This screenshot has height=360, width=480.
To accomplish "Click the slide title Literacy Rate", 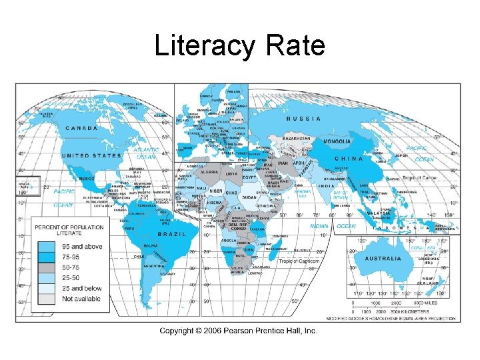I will [x=239, y=46].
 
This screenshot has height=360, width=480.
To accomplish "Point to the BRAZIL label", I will [x=171, y=234].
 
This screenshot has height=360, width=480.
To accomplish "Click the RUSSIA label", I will [x=303, y=119].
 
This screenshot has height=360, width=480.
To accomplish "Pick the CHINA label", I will [x=349, y=159].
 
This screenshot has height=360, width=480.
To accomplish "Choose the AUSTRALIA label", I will [x=383, y=258].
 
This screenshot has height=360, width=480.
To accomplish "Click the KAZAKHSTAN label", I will [x=297, y=138].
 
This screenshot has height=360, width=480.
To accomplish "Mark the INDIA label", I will [x=326, y=186].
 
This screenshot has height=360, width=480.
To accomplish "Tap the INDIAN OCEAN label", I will [x=333, y=226].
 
